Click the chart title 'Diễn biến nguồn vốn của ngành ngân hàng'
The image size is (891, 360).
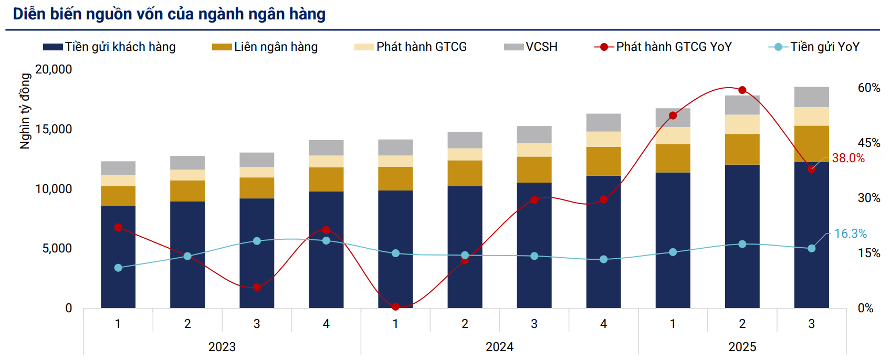pos(169,14)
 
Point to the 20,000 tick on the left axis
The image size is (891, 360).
pos(54,69)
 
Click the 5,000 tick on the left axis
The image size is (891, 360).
pos(57,248)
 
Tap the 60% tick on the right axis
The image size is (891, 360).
pos(869,88)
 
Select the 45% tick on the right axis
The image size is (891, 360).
pos(869,143)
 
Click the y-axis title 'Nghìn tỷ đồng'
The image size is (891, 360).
pos(25,111)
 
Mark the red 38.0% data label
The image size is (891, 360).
pos(848,158)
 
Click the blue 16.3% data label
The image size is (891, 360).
pos(850,234)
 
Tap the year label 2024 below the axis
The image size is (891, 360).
pos(499,347)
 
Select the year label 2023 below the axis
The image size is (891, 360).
pos(222,347)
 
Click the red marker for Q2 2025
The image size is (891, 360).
pos(742,90)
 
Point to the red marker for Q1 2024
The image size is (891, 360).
pos(396,306)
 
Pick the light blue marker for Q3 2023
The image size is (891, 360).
pos(257,241)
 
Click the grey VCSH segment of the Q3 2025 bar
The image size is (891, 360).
pos(812,97)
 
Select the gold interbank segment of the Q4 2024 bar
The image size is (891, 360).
pos(604,161)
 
